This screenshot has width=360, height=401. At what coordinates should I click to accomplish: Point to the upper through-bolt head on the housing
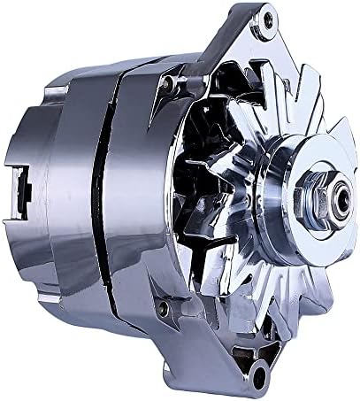pos(165,83)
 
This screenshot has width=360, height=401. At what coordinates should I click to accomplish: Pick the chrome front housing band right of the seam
pos(133,195)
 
